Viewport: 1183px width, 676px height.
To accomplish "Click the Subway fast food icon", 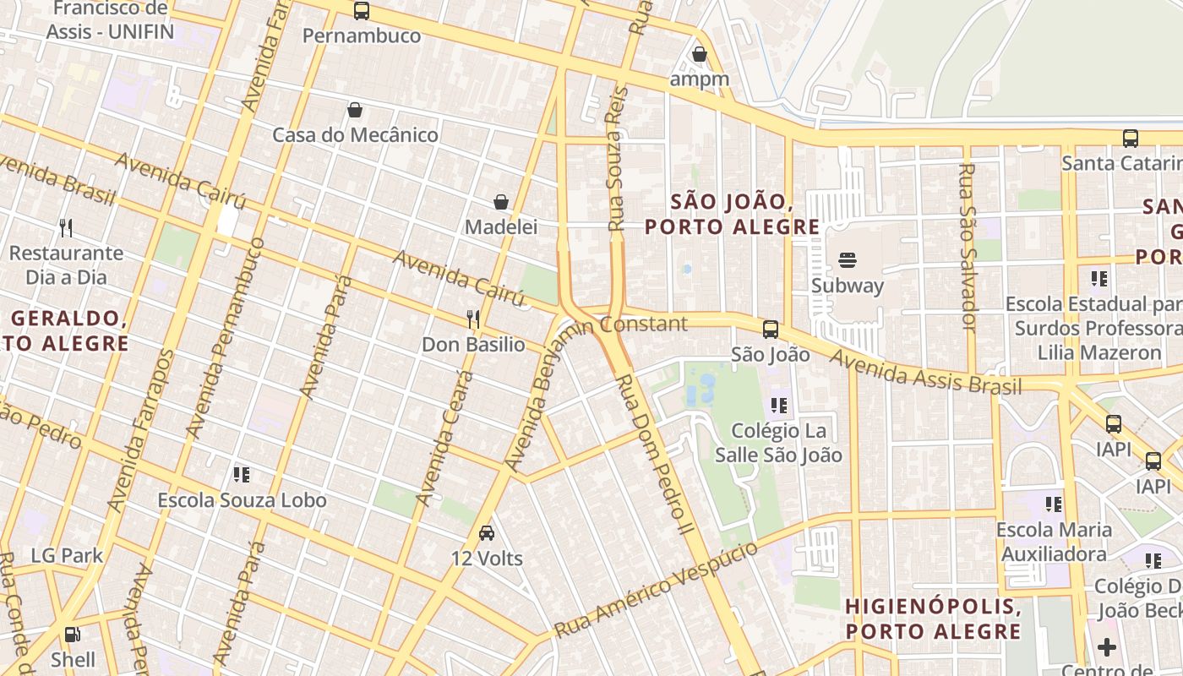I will tap(848, 259).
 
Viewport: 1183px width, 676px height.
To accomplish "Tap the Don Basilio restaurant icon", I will tap(473, 319).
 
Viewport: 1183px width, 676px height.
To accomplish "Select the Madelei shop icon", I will tap(501, 202).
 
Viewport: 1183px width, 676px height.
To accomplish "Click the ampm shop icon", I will tap(699, 54).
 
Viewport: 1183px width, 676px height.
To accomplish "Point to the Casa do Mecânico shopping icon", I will tap(355, 110).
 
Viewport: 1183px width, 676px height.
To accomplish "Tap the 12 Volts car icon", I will tap(487, 533).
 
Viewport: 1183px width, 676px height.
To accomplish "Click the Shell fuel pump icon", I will tap(74, 634).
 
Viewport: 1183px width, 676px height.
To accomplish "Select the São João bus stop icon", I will tap(770, 330).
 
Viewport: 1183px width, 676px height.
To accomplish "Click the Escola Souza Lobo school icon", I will tap(242, 475).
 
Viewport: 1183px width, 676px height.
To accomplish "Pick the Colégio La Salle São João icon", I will tap(778, 406).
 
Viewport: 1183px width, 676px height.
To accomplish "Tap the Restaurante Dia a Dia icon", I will tap(66, 227).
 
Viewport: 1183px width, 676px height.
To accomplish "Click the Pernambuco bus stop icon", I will tap(362, 11).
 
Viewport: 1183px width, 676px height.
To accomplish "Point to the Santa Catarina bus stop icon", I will tap(1131, 138).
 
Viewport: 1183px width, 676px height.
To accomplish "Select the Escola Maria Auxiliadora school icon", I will tap(1053, 504).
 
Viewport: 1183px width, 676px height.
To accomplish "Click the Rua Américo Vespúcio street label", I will tap(657, 590).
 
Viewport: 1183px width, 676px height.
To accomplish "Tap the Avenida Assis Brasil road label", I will tap(924, 372).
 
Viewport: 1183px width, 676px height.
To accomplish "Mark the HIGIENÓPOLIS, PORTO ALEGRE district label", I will tap(933, 619).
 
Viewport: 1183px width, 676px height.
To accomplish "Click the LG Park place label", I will tap(67, 555).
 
